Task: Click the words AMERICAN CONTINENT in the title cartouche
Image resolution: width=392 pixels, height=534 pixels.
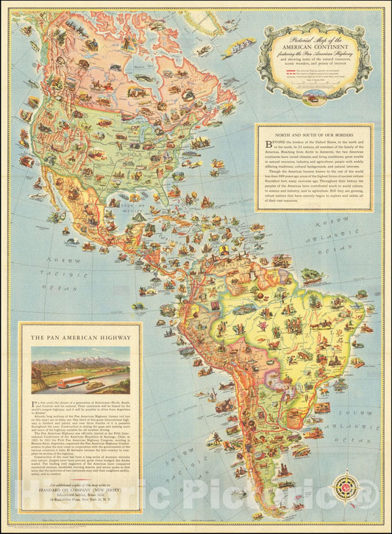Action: click(x=315, y=46)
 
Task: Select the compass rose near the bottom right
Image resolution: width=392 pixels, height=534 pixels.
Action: click(x=344, y=487)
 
